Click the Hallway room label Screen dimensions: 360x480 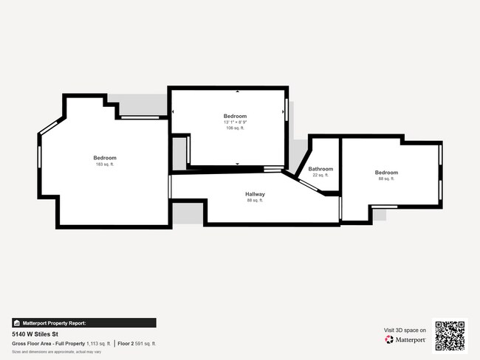(x=256, y=194)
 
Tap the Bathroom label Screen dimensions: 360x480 (x=320, y=169)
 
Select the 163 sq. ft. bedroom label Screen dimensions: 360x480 (x=104, y=158)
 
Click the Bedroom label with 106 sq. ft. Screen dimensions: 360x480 (x=235, y=116)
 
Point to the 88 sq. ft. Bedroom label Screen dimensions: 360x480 (x=386, y=173)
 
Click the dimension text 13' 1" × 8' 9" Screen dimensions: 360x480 (x=235, y=122)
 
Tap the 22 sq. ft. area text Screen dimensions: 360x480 (x=320, y=176)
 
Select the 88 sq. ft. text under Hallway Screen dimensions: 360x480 (x=256, y=201)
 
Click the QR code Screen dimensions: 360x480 (x=450, y=334)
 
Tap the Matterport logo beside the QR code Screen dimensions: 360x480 (x=405, y=340)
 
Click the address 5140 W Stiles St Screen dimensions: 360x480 (x=37, y=333)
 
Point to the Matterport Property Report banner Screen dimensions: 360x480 (x=83, y=322)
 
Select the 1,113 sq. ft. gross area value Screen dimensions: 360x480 (x=98, y=344)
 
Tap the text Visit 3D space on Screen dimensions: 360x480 (x=405, y=330)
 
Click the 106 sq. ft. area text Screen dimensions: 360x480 (x=235, y=128)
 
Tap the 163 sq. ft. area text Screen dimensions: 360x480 (x=104, y=165)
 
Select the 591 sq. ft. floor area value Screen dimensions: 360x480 (x=148, y=344)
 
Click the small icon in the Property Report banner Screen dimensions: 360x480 (x=17, y=323)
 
